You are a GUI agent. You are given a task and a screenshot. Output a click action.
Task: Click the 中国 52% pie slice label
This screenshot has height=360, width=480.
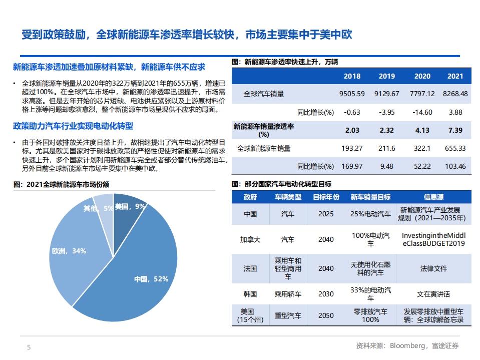151,279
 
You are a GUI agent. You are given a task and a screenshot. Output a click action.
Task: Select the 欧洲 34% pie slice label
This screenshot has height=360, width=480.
69,250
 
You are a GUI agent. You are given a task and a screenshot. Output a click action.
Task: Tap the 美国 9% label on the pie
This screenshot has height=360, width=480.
130,206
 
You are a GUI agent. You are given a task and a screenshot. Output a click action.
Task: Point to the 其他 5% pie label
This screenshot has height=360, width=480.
98,208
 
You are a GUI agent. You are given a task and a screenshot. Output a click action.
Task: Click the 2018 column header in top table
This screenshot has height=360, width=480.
352,76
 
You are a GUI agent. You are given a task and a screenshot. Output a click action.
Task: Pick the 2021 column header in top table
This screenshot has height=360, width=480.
455,76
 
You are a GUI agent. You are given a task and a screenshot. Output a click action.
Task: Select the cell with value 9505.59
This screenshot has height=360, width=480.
352,94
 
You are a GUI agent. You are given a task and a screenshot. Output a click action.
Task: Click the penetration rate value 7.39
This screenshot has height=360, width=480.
455,130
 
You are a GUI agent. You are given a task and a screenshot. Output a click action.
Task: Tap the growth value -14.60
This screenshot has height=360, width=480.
422,112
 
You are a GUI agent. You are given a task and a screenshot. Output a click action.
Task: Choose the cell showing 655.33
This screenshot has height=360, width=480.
455,148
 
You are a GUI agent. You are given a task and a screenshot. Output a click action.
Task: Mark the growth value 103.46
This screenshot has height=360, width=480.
455,166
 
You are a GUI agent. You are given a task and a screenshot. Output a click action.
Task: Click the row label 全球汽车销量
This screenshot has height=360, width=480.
263,94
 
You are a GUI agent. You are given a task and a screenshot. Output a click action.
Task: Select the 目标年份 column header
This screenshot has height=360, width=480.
326,197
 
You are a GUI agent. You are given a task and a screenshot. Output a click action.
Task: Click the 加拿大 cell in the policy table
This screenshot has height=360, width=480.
250,239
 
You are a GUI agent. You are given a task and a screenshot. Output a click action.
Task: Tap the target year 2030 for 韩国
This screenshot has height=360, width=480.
326,294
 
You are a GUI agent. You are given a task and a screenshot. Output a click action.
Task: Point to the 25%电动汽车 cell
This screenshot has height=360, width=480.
370,214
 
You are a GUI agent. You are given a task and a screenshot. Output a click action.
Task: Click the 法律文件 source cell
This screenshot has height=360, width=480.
433,268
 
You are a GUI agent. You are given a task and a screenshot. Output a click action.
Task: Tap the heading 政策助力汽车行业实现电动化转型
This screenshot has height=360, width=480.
73,126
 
